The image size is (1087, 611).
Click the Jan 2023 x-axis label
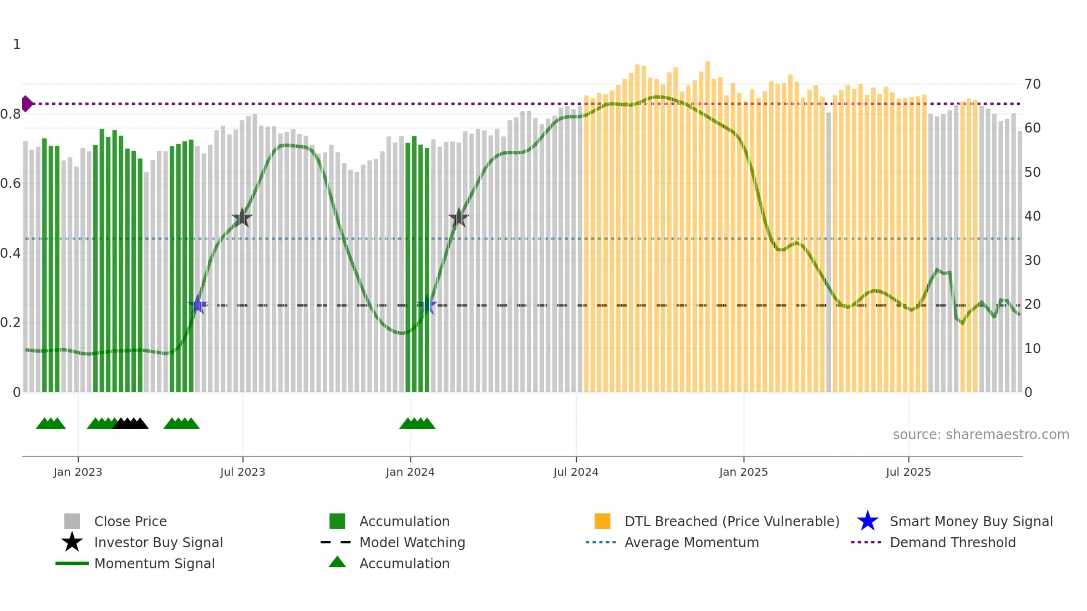point(78,472)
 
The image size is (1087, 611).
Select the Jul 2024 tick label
point(576,472)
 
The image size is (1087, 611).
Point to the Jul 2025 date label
point(908,472)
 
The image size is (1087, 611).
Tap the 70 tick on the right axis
point(1032,84)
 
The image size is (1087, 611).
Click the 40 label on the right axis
point(1032,216)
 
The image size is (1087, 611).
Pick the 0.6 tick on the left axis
point(11,184)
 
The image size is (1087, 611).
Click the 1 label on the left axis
point(17,44)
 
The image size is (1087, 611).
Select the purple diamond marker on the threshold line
point(27,104)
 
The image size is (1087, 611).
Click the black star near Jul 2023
point(242,218)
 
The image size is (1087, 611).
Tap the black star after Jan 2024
point(459,218)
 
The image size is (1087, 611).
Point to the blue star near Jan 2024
point(427,305)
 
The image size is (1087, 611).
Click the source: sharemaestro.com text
point(981,435)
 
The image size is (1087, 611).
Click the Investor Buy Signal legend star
point(72,542)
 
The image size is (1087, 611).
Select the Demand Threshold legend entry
point(952,543)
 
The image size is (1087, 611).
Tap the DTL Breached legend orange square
point(602,521)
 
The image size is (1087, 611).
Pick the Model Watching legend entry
point(412,543)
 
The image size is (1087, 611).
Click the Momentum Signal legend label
point(154,564)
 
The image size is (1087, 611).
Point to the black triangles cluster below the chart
point(130,424)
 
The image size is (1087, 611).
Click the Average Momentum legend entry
point(692,543)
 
